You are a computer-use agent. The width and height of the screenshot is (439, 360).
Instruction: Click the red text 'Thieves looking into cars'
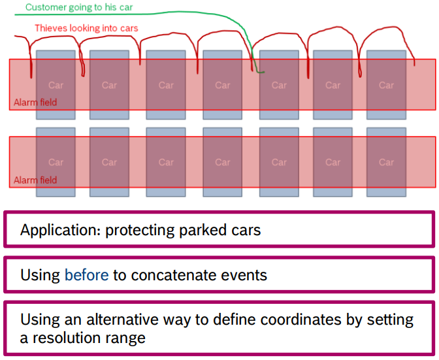pyautogui.click(x=86, y=28)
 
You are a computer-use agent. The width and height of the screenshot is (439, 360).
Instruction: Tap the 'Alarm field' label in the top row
pyautogui.click(x=35, y=103)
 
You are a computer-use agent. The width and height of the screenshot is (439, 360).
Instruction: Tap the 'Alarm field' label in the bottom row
pyautogui.click(x=35, y=180)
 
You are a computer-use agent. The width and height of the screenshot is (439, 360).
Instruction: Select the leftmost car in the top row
pyautogui.click(x=56, y=85)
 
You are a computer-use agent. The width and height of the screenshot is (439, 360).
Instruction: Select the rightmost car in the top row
pyautogui.click(x=386, y=85)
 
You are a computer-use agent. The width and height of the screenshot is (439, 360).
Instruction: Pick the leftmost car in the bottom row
pyautogui.click(x=56, y=162)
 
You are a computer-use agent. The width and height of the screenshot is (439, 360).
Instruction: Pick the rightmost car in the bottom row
pyautogui.click(x=386, y=162)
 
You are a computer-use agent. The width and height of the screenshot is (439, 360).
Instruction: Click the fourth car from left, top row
pyautogui.click(x=223, y=85)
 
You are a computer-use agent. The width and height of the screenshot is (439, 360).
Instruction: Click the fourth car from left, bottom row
pyautogui.click(x=223, y=162)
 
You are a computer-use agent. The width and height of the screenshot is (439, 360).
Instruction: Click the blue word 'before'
pyautogui.click(x=86, y=275)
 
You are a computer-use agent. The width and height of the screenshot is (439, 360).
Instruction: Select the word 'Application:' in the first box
pyautogui.click(x=60, y=231)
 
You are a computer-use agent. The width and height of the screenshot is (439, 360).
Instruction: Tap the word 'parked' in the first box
pyautogui.click(x=196, y=231)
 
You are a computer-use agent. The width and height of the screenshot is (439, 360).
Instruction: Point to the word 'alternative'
pyautogui.click(x=107, y=320)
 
